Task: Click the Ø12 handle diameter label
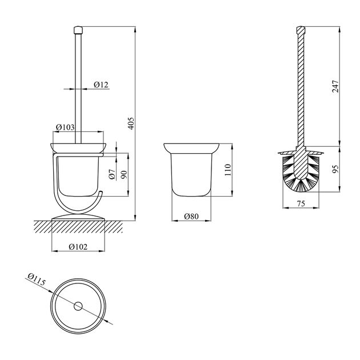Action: click(x=101, y=85)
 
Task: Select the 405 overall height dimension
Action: click(x=131, y=123)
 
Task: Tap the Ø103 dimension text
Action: click(x=65, y=127)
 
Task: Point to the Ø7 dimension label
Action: click(x=112, y=174)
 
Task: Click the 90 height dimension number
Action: click(x=124, y=175)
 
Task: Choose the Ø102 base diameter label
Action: click(x=78, y=247)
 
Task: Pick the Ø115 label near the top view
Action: click(x=36, y=279)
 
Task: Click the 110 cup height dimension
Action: click(x=228, y=170)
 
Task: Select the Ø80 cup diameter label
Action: click(x=191, y=216)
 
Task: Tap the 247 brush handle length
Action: click(x=335, y=86)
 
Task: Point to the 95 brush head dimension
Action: click(x=335, y=169)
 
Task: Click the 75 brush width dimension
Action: click(x=301, y=203)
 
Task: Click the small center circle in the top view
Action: click(x=78, y=306)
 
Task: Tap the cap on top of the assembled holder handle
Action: click(x=78, y=30)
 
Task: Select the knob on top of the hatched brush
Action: click(x=301, y=30)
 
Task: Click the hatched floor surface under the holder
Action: click(x=78, y=227)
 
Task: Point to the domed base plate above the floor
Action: click(x=78, y=217)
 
